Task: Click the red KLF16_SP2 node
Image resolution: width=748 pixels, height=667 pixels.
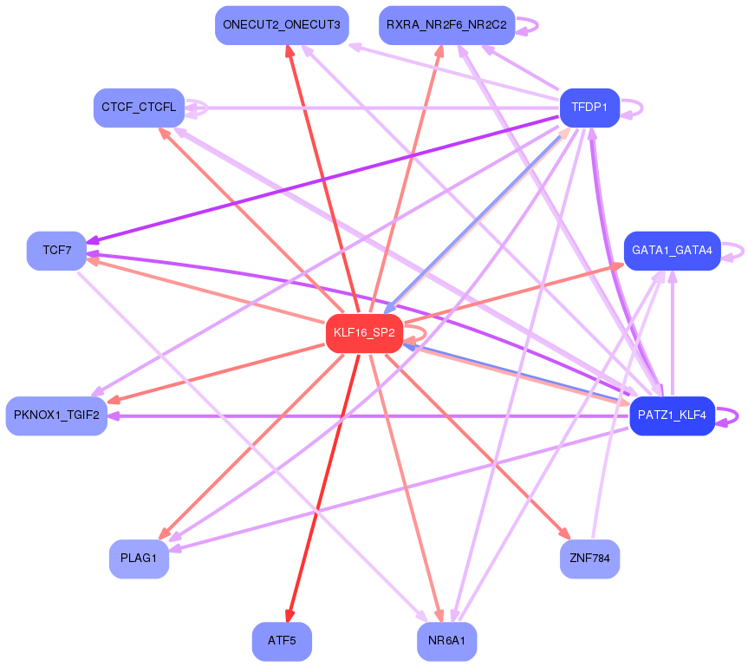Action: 364,333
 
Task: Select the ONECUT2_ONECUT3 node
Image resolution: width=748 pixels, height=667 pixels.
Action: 282,25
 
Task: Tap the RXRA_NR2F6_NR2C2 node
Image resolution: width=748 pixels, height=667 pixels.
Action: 447,25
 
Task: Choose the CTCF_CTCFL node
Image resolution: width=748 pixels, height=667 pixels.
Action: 139,108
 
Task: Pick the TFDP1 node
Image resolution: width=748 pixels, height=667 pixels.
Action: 589,108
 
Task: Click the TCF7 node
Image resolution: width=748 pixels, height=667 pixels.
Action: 56,251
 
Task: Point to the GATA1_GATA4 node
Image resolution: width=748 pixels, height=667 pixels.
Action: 672,251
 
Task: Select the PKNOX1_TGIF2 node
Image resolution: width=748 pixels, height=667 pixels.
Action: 56,415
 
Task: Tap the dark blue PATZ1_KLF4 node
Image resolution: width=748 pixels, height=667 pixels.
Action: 672,415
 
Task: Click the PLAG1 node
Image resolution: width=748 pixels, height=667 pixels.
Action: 139,559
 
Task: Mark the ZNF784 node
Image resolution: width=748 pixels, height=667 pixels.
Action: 589,559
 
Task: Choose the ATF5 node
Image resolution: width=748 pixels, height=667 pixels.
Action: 282,642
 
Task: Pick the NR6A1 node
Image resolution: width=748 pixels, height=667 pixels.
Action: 447,642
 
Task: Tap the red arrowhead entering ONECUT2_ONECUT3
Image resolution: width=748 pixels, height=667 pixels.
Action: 289,52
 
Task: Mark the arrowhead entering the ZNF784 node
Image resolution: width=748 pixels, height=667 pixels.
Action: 567,535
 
